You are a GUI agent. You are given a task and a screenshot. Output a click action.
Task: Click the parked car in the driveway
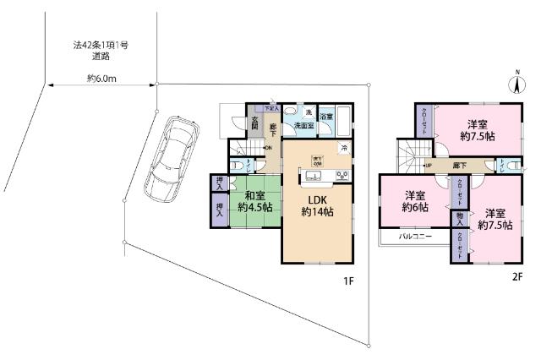[172, 157]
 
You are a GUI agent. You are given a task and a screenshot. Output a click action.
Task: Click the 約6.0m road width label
[101, 79]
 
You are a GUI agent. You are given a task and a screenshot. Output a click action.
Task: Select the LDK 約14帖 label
[317, 205]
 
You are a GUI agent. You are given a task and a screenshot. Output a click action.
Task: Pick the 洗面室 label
[304, 126]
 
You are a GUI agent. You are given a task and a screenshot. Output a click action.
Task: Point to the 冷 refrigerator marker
[343, 148]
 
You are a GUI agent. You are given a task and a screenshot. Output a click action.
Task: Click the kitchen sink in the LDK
[310, 176]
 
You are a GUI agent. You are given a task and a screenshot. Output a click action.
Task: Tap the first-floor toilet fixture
[239, 165]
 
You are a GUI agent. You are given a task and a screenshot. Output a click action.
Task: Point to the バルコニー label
[416, 237]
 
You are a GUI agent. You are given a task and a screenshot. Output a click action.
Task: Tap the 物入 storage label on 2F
[459, 219]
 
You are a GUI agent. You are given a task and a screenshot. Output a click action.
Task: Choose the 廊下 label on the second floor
[459, 165]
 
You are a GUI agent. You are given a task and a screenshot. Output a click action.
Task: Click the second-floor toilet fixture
[505, 165]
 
